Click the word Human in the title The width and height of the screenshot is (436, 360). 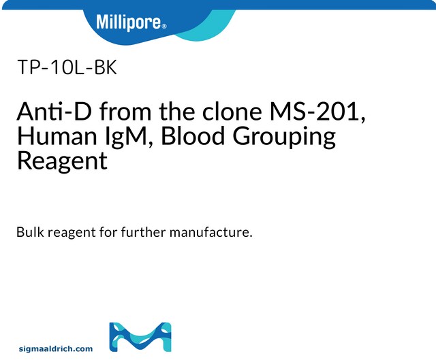(x=51, y=136)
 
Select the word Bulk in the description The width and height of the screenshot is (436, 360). (x=30, y=232)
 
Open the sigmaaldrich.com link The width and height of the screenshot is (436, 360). (x=56, y=348)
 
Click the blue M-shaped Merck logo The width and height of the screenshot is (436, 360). (x=140, y=337)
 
